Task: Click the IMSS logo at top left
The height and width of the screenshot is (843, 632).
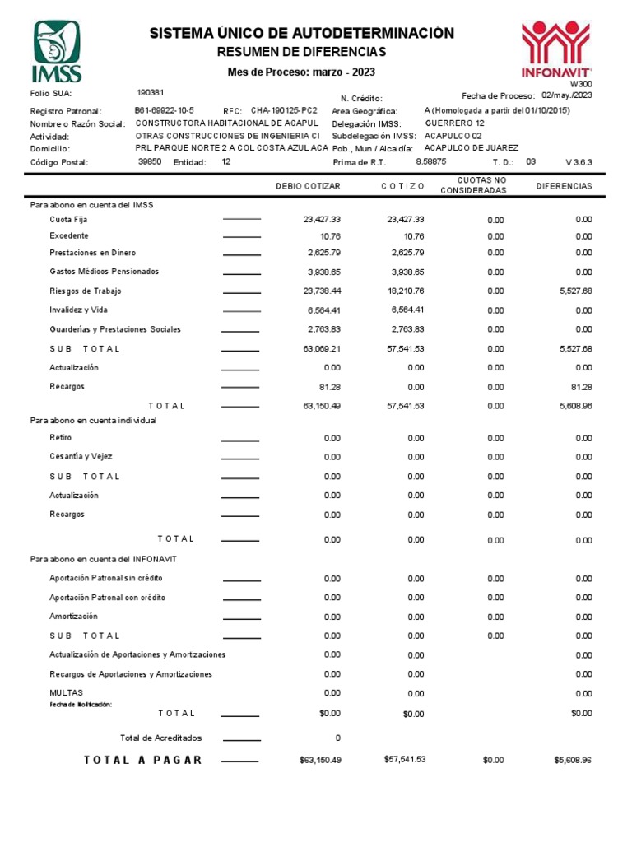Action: coord(57,51)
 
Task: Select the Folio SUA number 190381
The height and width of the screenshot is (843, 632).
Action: coord(150,93)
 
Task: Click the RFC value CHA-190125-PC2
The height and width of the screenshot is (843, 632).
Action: coord(284,110)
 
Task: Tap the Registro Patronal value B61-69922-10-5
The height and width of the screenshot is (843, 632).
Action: coord(164,110)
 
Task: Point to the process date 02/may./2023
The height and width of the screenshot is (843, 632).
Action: coord(567,95)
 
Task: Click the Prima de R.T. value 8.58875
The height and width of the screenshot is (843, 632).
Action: coord(431,161)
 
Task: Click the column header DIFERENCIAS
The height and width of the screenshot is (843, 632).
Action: coord(564,186)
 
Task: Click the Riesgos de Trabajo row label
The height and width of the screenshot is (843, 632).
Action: coord(86,291)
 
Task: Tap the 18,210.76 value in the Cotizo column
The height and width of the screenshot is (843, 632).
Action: coord(405,291)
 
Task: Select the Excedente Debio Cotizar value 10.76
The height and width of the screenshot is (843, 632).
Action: coord(330,236)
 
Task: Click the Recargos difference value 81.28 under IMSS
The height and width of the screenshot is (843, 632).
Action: coord(581,387)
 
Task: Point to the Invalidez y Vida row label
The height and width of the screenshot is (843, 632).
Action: coord(78,310)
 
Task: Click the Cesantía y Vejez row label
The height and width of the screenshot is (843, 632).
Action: coord(81,456)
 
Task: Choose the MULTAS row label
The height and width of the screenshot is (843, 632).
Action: coord(66,693)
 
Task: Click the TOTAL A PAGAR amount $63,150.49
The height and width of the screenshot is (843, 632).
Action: coord(320,760)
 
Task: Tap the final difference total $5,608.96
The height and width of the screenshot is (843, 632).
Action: coord(573,760)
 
